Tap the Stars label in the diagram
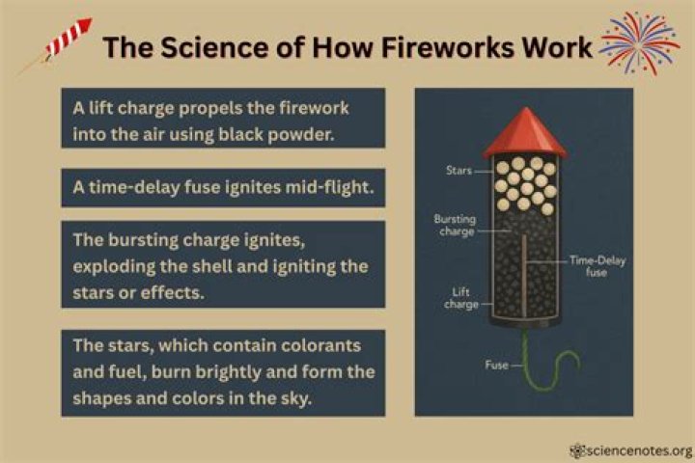(x=459, y=170)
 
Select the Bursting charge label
(x=455, y=225)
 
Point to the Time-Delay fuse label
(x=598, y=266)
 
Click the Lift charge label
(x=461, y=298)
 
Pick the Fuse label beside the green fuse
(x=496, y=365)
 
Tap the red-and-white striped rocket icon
(x=68, y=38)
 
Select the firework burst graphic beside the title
(x=640, y=43)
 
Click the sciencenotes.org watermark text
(x=639, y=451)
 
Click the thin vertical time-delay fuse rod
(x=524, y=276)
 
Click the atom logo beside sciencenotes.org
(x=577, y=451)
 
